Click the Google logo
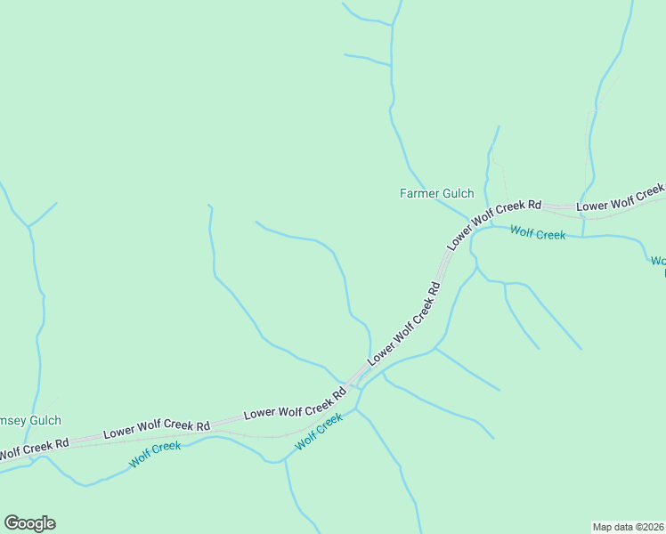coord(29,523)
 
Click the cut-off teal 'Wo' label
coord(658,261)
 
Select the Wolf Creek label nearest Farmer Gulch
coord(538,234)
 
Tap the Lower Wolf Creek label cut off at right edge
coord(621,200)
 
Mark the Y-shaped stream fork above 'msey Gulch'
coord(28,226)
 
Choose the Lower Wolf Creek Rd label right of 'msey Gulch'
coord(156,429)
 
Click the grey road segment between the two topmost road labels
coord(558,207)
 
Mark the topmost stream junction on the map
coord(391,25)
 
